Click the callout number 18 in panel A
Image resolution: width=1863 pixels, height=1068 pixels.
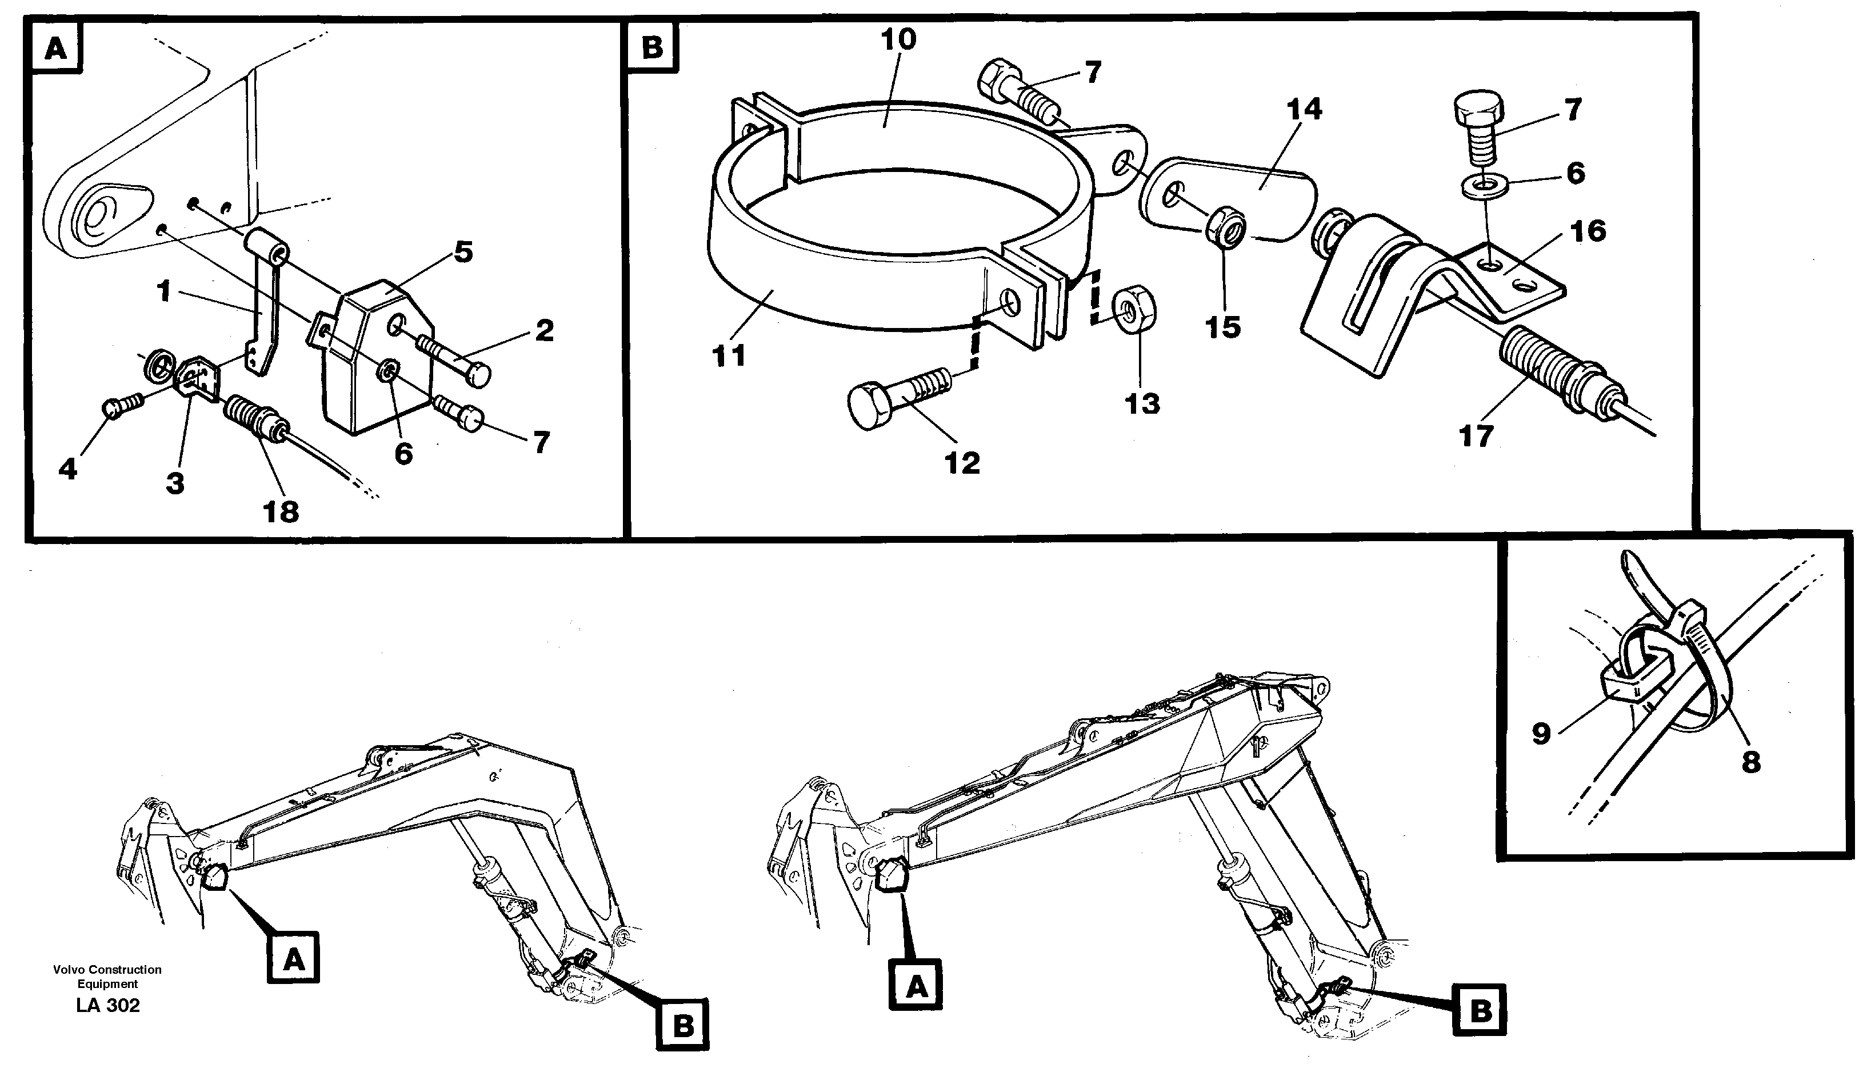(281, 512)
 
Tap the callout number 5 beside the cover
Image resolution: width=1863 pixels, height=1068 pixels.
(463, 253)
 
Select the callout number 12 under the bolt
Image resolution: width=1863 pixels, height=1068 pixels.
(962, 463)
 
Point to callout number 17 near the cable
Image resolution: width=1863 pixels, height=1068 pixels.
(1476, 437)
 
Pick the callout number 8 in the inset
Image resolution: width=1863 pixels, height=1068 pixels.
(1751, 763)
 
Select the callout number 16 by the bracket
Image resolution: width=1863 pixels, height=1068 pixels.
(1589, 232)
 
